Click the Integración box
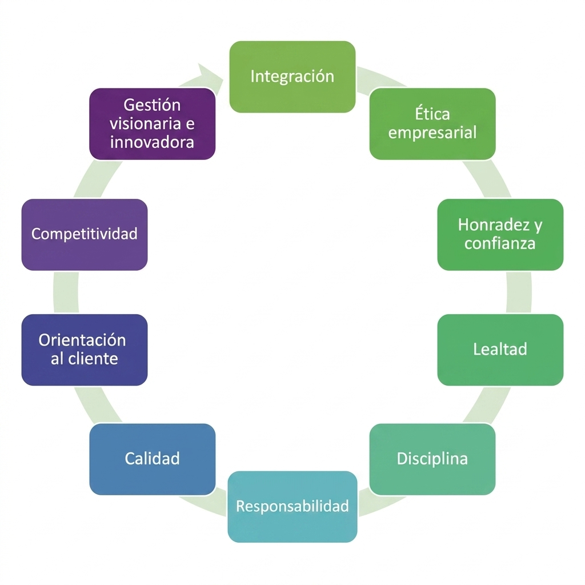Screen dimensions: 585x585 click(x=292, y=77)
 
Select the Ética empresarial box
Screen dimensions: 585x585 click(x=432, y=124)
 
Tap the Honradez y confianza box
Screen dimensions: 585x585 click(x=500, y=235)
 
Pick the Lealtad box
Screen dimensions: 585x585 click(x=500, y=350)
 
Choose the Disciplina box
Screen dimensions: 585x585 click(x=432, y=459)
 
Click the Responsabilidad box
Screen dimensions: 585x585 click(x=292, y=507)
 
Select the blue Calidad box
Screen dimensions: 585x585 click(x=152, y=459)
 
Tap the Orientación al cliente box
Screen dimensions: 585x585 click(x=85, y=350)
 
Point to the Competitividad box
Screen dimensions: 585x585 click(x=85, y=235)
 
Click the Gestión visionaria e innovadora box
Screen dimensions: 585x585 click(x=152, y=124)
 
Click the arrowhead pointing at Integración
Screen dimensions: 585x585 click(x=211, y=77)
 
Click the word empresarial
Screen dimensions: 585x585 click(x=432, y=133)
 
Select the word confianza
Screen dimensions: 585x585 click(x=500, y=243)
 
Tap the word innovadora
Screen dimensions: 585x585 click(x=152, y=142)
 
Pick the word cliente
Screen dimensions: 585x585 click(x=93, y=359)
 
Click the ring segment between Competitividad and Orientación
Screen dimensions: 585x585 click(x=66, y=292)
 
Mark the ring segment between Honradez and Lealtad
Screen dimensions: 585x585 click(x=519, y=292)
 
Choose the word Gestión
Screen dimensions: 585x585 click(x=152, y=105)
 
